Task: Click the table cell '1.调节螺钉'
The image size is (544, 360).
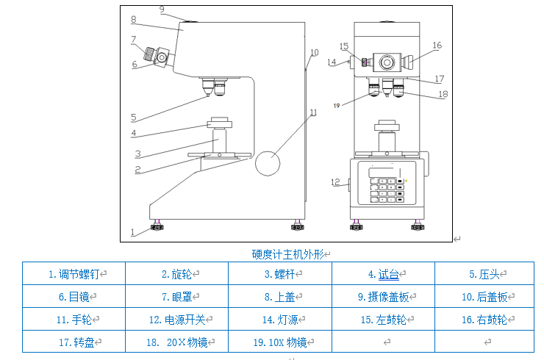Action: tap(74, 274)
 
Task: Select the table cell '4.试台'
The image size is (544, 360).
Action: tap(383, 274)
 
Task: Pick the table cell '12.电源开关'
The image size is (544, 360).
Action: tap(176, 320)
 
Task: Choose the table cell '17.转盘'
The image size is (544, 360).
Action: tap(74, 342)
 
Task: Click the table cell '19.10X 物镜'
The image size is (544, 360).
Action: tap(279, 342)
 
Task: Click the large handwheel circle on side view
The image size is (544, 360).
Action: tap(268, 163)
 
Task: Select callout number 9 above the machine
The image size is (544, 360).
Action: tap(162, 9)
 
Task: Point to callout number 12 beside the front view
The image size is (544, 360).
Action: tap(335, 182)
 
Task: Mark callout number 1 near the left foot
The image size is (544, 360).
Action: tap(133, 231)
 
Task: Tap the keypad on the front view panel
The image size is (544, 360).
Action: tap(387, 190)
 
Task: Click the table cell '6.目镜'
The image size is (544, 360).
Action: tap(74, 297)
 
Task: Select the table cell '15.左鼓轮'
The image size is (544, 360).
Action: tap(383, 320)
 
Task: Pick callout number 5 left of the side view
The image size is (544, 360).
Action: tap(133, 117)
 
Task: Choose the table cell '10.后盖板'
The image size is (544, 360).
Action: tap(484, 297)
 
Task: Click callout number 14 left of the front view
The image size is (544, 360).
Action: tap(331, 62)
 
